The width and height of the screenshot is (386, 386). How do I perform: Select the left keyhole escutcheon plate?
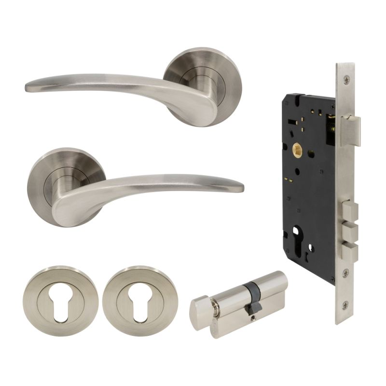[60, 294]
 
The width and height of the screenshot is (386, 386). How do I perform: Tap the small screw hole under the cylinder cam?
[253, 317]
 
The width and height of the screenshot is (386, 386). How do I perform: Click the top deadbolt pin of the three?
[350, 210]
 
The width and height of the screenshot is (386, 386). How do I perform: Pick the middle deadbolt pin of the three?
[350, 231]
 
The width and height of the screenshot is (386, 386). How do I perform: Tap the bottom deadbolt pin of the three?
[350, 250]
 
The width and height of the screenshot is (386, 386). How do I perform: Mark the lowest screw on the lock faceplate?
[345, 304]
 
